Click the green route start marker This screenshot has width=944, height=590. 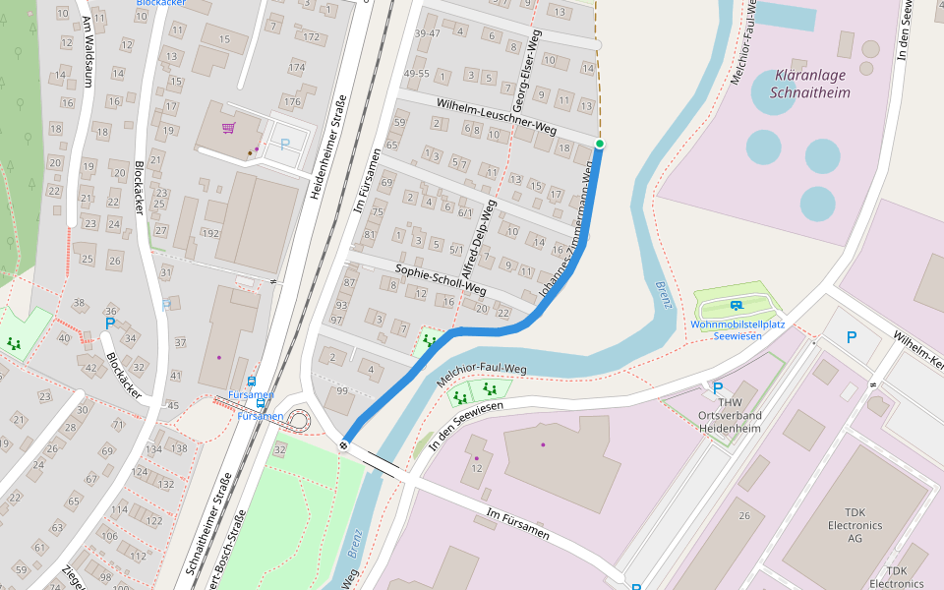599,145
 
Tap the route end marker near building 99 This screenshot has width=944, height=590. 344,445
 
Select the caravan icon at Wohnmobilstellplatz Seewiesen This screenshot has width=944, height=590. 738,306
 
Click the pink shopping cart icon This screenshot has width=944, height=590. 228,128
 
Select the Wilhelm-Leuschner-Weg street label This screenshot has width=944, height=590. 497,115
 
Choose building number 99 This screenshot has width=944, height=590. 341,391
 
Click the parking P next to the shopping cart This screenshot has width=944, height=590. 285,145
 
